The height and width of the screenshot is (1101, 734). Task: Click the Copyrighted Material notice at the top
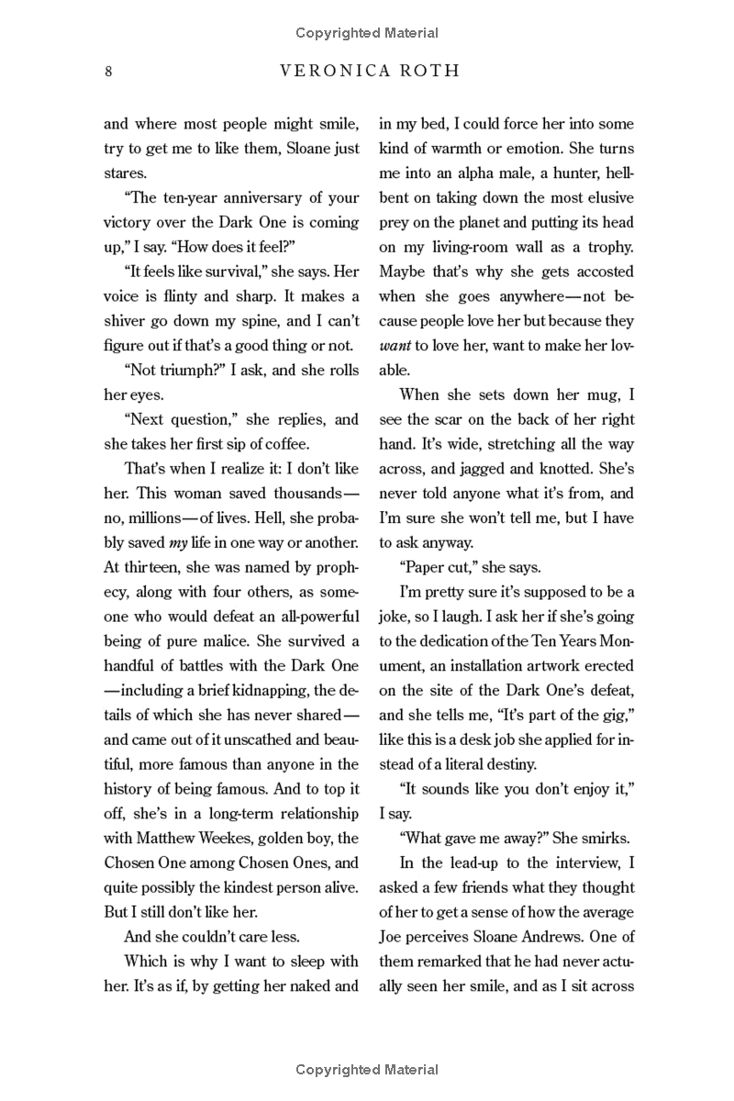tap(367, 33)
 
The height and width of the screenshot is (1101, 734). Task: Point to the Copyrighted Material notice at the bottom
tap(367, 1069)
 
